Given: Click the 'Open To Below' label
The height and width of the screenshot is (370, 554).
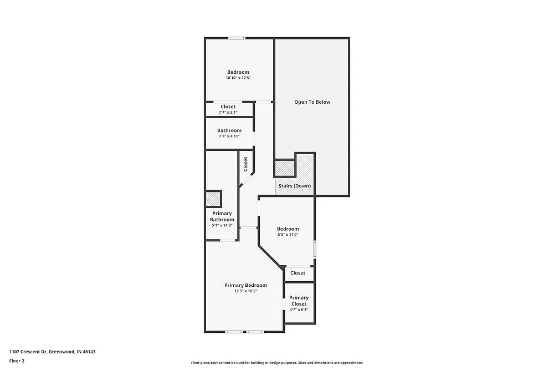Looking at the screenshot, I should tap(312, 102).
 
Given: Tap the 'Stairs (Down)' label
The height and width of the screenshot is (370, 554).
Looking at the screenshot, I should tap(294, 186).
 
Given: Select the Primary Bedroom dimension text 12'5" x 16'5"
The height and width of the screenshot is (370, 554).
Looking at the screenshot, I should tap(245, 291).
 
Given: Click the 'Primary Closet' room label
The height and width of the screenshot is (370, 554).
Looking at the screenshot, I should tap(299, 301).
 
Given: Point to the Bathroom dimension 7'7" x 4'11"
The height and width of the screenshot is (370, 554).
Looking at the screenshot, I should tap(229, 136).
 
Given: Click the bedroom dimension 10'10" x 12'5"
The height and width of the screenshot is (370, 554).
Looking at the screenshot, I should tap(238, 78).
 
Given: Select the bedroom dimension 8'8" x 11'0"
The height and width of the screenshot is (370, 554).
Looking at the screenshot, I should tap(288, 235).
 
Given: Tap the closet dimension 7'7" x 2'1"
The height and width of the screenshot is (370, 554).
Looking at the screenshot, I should tap(228, 113).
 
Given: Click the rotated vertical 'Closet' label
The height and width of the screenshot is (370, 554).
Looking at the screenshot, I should tap(245, 164).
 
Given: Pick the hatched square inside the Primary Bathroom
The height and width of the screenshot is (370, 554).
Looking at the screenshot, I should tap(213, 199).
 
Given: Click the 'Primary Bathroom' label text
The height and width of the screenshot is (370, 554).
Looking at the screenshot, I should tap(222, 216).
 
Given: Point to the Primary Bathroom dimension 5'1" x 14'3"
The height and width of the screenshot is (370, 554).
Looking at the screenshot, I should tap(222, 226).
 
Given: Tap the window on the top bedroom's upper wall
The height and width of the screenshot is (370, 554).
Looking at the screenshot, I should tap(237, 38).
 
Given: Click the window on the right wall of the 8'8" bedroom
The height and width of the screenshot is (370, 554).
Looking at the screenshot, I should tap(314, 249).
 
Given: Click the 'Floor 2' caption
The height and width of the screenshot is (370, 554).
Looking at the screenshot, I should tap(17, 361).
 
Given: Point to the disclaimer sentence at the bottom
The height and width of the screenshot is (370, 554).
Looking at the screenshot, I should tap(276, 363).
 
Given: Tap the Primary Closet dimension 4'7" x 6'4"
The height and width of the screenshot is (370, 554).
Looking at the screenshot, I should tap(299, 310).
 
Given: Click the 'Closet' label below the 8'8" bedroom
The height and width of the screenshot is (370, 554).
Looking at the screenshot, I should tap(297, 273).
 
